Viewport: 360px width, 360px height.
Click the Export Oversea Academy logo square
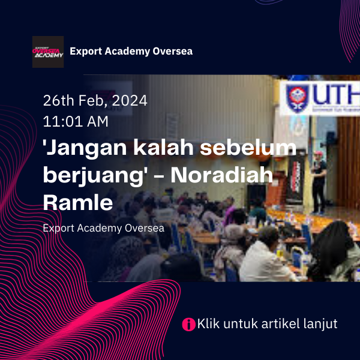click(x=48, y=52)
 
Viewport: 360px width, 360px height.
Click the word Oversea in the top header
click(x=173, y=51)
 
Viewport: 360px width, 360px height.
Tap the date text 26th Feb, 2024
click(x=95, y=100)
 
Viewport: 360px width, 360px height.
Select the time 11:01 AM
click(x=76, y=121)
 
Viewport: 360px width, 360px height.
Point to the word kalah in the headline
click(x=163, y=147)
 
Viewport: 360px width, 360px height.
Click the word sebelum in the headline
click(x=248, y=147)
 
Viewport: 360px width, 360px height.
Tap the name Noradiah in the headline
click(x=222, y=175)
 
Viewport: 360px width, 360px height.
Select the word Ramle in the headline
click(x=78, y=202)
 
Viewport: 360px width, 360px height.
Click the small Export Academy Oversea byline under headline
click(x=104, y=228)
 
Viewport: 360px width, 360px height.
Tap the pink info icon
click(x=189, y=325)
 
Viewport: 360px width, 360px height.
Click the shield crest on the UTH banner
click(x=298, y=98)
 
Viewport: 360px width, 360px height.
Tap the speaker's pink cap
click(x=318, y=153)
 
